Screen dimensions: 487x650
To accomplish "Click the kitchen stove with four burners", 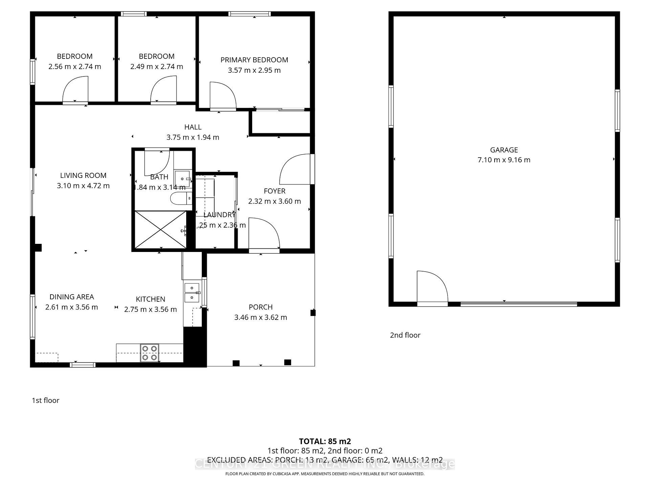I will pyautogui.click(x=150, y=353).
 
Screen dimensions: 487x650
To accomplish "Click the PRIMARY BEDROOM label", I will pyautogui.click(x=254, y=60).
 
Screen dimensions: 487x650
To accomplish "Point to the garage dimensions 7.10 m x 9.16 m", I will pyautogui.click(x=504, y=160).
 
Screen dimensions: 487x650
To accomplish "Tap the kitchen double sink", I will pyautogui.click(x=192, y=293).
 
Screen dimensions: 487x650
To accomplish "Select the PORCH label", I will pyautogui.click(x=260, y=307).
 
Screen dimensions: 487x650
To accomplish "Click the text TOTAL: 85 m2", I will pyautogui.click(x=325, y=441).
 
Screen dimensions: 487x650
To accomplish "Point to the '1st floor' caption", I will pyautogui.click(x=45, y=400).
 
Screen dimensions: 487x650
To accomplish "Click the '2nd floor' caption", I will pyautogui.click(x=405, y=335).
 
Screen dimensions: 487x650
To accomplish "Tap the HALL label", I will pyautogui.click(x=193, y=127).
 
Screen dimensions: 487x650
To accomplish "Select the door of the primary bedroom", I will pyautogui.click(x=222, y=96).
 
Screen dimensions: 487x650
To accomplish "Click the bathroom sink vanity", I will pyautogui.click(x=183, y=178).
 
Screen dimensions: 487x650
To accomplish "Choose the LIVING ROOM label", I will pyautogui.click(x=83, y=176).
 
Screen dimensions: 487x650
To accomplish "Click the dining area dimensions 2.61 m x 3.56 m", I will pyautogui.click(x=71, y=307).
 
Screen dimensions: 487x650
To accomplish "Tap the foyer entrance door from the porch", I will pyautogui.click(x=264, y=234).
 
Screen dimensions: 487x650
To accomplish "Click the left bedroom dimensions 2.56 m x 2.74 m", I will pyautogui.click(x=74, y=67).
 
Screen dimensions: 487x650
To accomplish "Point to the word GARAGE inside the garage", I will pyautogui.click(x=504, y=150).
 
